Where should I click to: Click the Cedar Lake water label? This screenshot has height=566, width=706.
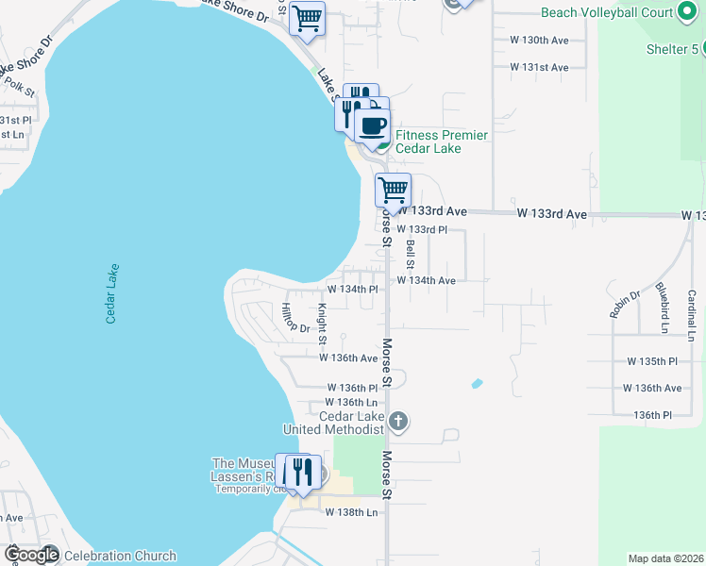point(111,293)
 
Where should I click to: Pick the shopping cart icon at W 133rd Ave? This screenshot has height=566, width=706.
point(393,189)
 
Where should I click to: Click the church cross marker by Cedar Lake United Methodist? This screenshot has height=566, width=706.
point(398,421)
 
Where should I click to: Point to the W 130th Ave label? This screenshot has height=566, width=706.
point(539,41)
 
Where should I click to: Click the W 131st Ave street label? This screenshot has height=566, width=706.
point(539,68)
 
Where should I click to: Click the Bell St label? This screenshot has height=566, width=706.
point(411,253)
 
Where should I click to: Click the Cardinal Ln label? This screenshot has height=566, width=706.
point(692,314)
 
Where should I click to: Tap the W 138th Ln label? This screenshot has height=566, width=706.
point(351,512)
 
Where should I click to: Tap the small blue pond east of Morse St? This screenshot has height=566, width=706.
point(477,384)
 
